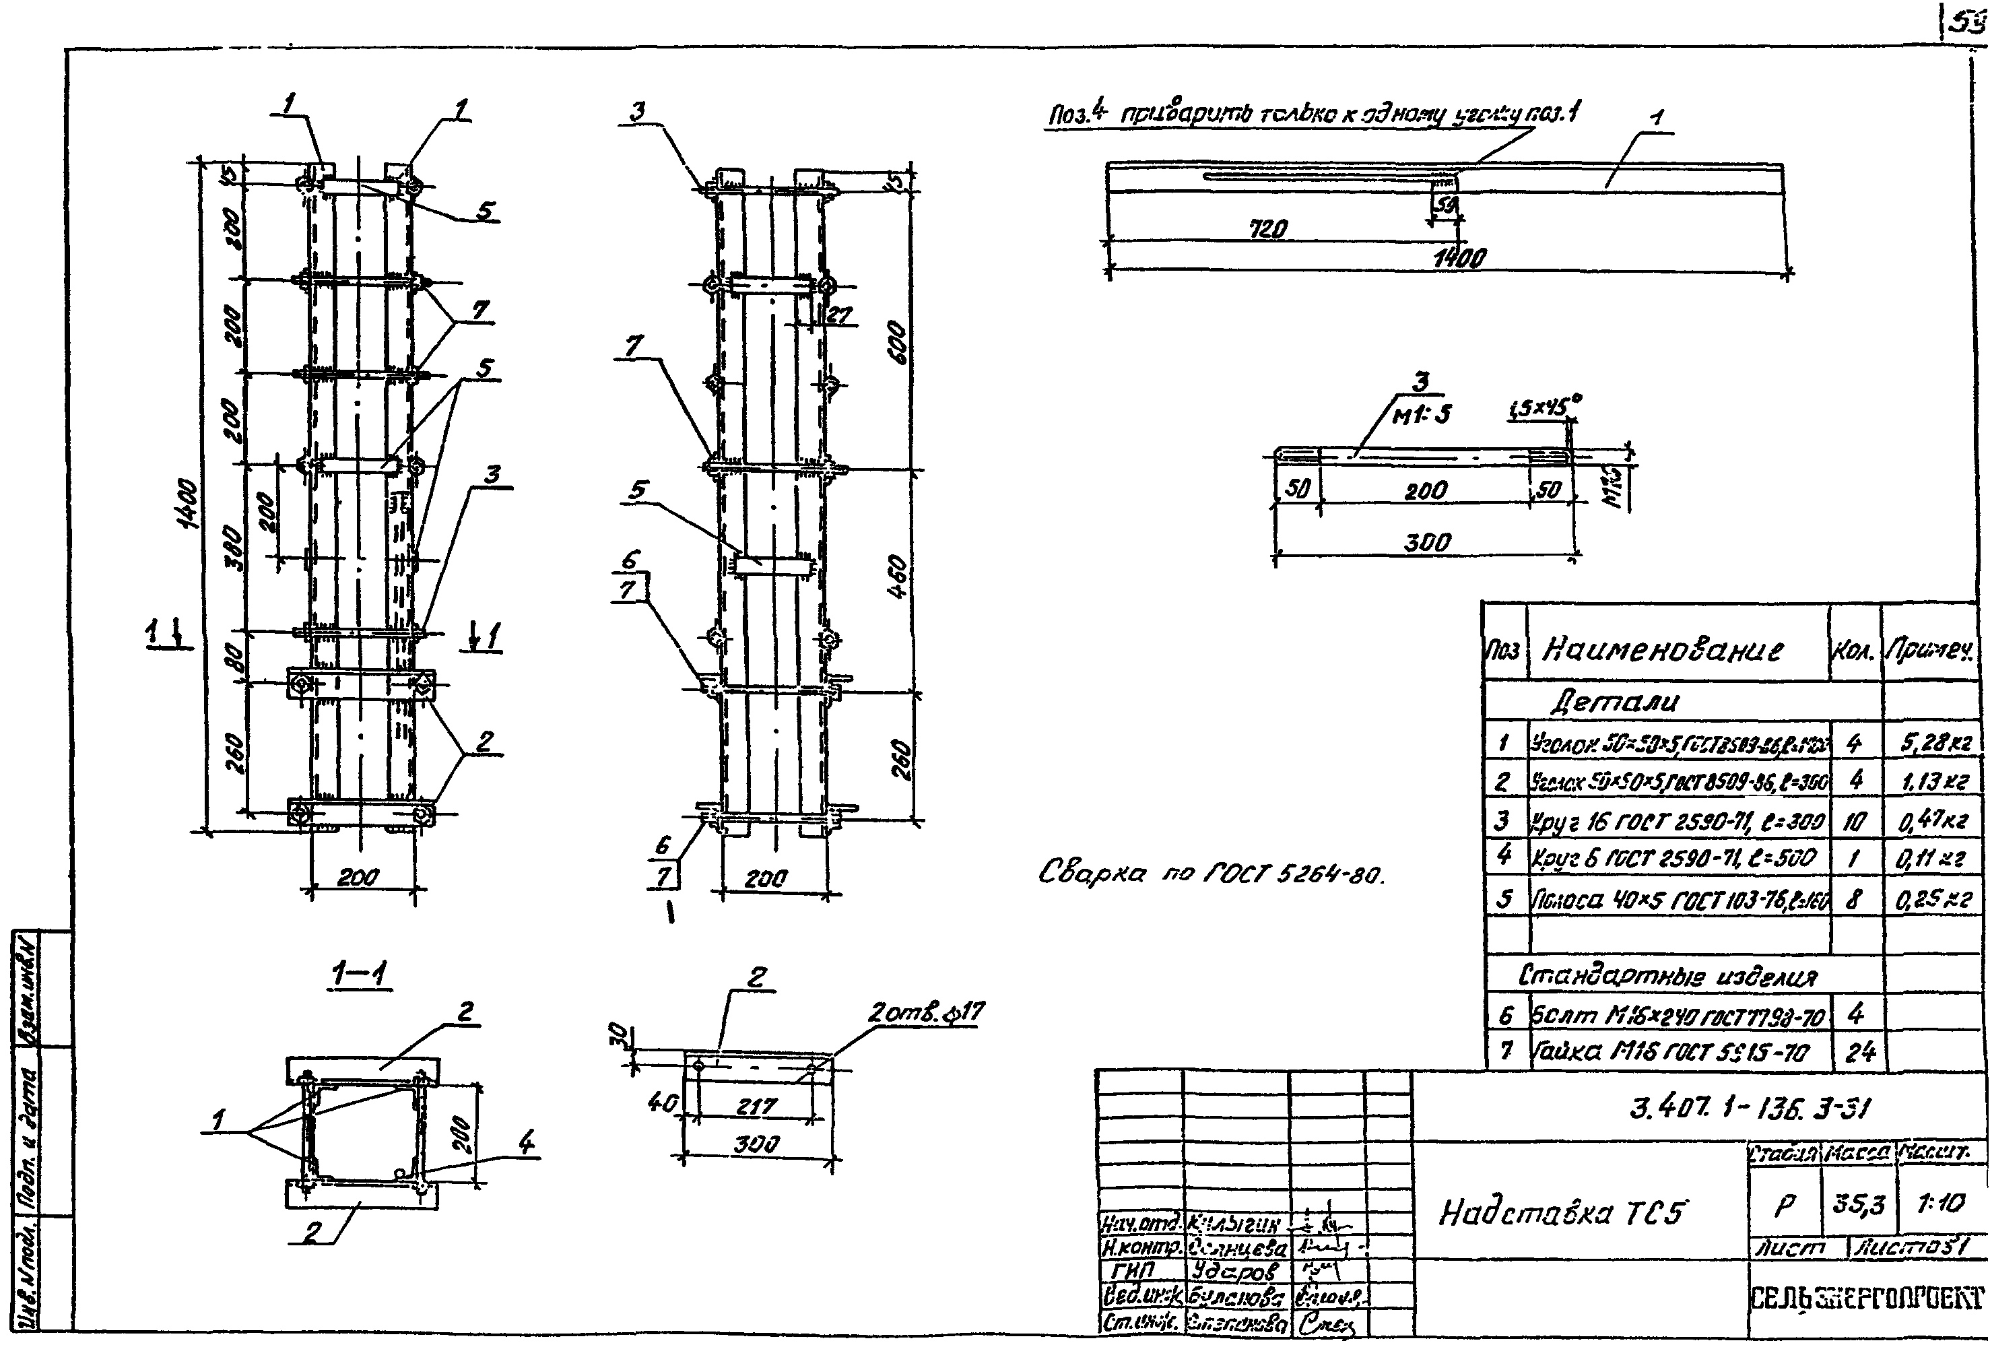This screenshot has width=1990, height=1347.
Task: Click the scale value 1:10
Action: pos(1940,1204)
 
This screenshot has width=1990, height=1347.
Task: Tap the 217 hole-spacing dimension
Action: pos(757,1107)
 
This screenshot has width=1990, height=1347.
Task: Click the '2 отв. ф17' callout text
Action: pos(926,1013)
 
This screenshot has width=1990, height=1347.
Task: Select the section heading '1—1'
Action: pos(360,974)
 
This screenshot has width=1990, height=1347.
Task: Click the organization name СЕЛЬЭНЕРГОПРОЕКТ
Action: pos(1866,1299)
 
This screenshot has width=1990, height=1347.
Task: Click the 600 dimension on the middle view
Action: pos(896,343)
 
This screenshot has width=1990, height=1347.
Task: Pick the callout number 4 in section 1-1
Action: pos(526,1142)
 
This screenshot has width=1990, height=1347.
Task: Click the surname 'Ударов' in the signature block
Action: pos(1232,1271)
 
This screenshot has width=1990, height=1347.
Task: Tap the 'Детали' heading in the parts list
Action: pos(1615,702)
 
